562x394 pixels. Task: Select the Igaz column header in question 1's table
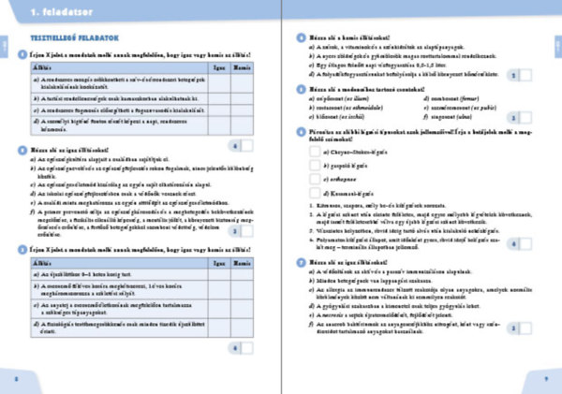coord(218,68)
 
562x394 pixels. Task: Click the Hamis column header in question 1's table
coord(241,68)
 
